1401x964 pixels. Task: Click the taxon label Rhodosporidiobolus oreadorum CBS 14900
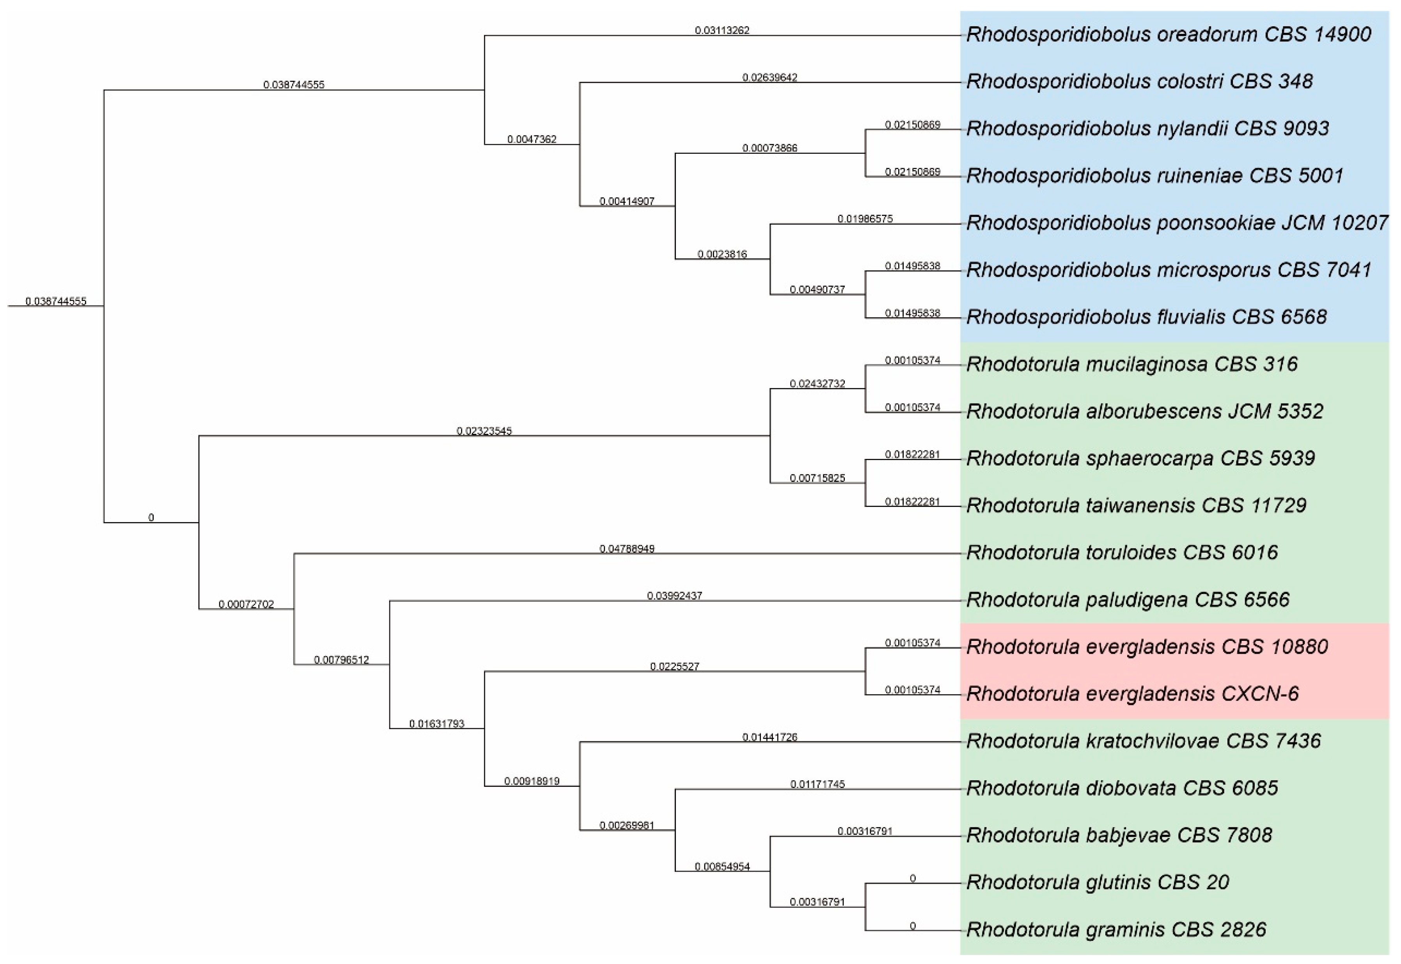[1169, 34]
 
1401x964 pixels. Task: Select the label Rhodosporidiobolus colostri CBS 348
[1139, 82]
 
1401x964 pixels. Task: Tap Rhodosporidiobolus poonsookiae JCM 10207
[1177, 223]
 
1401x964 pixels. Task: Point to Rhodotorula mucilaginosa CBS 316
[1132, 364]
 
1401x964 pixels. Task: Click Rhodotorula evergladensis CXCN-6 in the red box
[1132, 694]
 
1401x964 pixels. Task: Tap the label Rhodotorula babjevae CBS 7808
[1119, 835]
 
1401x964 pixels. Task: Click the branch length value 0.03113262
[722, 30]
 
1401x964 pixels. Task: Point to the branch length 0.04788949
[626, 549]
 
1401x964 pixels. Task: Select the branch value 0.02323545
[484, 431]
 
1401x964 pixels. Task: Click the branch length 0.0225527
[674, 667]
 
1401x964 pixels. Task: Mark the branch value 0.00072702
[246, 605]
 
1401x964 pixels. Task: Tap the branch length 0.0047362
[532, 140]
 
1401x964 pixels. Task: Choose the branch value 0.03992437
[674, 596]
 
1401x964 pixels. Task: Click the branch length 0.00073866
[770, 148]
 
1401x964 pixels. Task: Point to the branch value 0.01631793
[436, 724]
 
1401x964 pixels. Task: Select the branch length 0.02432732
[817, 384]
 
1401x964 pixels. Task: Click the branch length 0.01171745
[817, 784]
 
